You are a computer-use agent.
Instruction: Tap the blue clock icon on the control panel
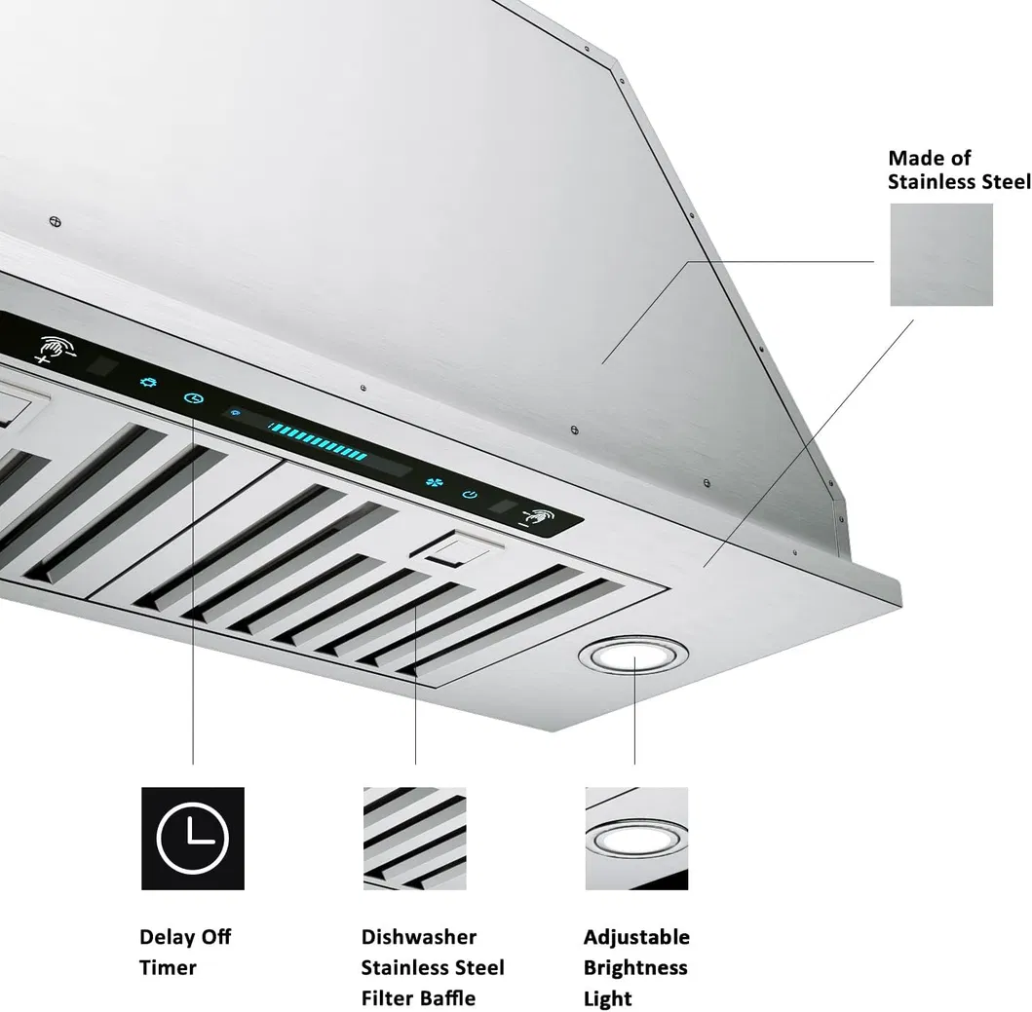click(x=194, y=398)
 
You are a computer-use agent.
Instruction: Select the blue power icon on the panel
click(x=470, y=495)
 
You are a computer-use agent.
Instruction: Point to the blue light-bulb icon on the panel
click(x=148, y=383)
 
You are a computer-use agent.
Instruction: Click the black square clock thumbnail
click(x=193, y=838)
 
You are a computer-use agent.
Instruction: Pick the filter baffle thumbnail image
click(x=414, y=838)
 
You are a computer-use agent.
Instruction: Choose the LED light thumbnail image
click(x=636, y=838)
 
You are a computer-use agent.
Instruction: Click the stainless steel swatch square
click(x=940, y=254)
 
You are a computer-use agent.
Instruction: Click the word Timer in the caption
click(x=168, y=967)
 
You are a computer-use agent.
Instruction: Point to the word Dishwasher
click(x=419, y=937)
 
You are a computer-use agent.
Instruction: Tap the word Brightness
click(x=635, y=967)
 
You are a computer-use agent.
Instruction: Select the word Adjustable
click(x=636, y=937)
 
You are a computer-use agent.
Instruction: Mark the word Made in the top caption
click(x=915, y=158)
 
